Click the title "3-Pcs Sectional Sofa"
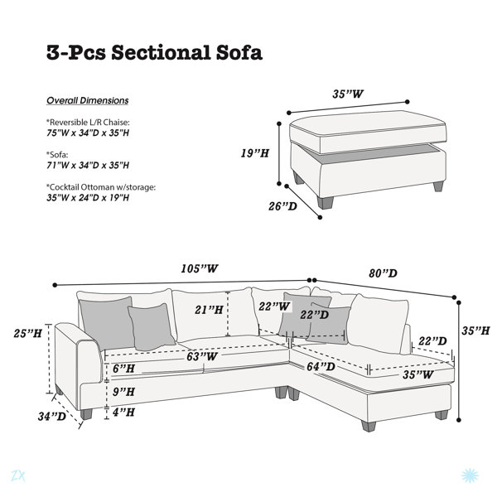[x=154, y=53]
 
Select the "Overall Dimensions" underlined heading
[x=88, y=100]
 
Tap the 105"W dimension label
[x=200, y=268]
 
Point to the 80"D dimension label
[x=383, y=273]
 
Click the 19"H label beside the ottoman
[x=255, y=153]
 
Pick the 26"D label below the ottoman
[x=282, y=206]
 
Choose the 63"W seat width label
[x=202, y=356]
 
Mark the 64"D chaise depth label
[x=321, y=367]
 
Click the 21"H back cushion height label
[x=209, y=310]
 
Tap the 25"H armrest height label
[x=27, y=334]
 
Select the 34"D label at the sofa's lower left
[x=52, y=416]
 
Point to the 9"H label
[x=124, y=392]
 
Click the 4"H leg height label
[x=124, y=413]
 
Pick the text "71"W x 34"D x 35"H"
[x=88, y=166]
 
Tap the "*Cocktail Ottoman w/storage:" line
[x=101, y=187]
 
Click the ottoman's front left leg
[x=326, y=203]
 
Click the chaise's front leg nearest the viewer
[x=369, y=426]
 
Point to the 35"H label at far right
[x=475, y=331]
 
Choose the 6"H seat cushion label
[x=124, y=369]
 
